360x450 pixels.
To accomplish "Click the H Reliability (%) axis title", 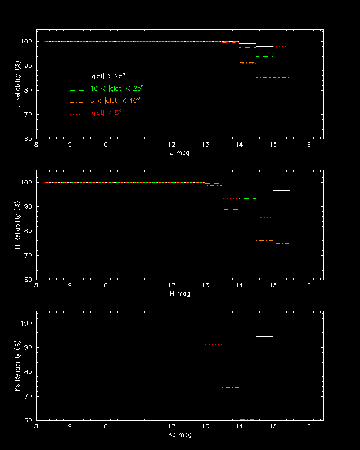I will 17,224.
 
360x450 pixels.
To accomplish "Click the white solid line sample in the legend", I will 78,77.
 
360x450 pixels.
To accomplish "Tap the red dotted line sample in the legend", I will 78,113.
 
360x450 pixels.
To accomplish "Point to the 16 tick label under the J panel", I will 307,145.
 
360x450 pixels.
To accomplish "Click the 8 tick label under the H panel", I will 37,285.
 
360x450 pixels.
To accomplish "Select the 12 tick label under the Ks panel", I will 172,426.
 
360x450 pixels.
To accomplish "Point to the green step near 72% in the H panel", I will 280,251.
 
